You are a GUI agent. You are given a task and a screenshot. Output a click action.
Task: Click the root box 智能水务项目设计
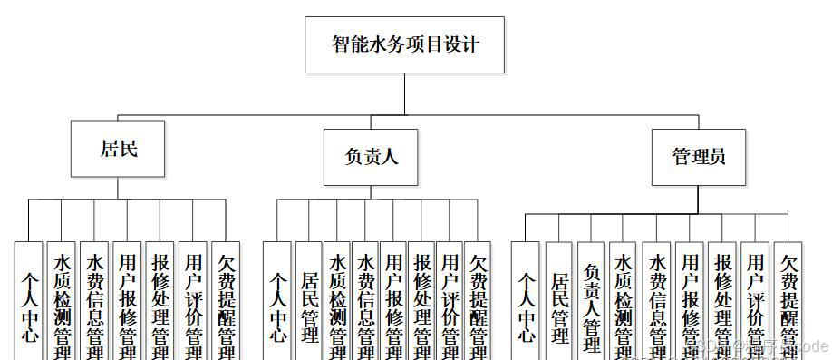(x=404, y=44)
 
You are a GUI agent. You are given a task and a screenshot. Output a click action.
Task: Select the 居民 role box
(x=118, y=148)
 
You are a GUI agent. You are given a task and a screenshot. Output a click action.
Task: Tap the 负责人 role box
(x=371, y=157)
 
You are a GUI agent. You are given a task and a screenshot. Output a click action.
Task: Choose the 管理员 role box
(x=698, y=157)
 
